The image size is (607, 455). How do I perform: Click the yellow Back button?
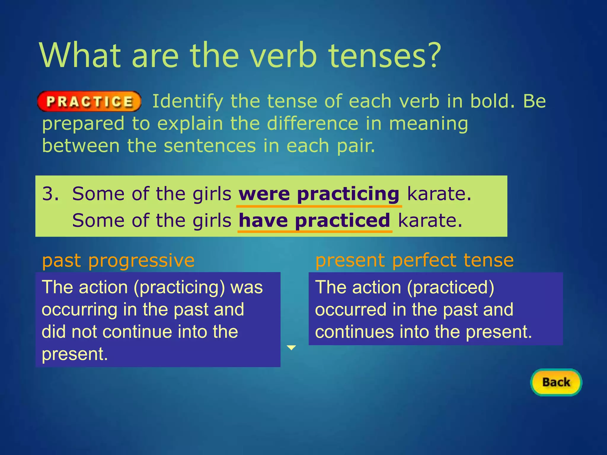pyautogui.click(x=556, y=382)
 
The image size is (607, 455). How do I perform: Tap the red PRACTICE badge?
pyautogui.click(x=89, y=102)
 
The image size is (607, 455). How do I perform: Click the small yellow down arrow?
pyautogui.click(x=292, y=347)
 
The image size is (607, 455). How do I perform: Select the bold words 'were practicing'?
pyautogui.click(x=319, y=194)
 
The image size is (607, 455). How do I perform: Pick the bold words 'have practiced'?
pyautogui.click(x=314, y=221)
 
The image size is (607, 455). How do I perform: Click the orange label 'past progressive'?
pyautogui.click(x=118, y=261)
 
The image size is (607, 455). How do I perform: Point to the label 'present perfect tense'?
pyautogui.click(x=414, y=260)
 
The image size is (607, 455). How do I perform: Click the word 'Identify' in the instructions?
pyautogui.click(x=188, y=102)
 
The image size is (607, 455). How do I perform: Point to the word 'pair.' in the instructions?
pyautogui.click(x=356, y=146)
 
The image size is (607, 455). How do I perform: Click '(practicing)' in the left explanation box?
pyautogui.click(x=179, y=287)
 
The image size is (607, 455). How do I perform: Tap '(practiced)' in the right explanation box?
pyautogui.click(x=451, y=287)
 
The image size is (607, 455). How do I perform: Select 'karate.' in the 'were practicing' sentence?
pyautogui.click(x=439, y=194)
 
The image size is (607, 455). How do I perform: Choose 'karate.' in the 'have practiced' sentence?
pyautogui.click(x=430, y=221)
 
